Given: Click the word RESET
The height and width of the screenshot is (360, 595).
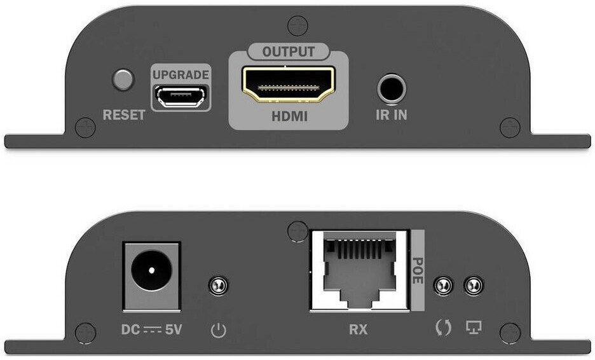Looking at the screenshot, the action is pos(124,114).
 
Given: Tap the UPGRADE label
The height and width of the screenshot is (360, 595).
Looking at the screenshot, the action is pos(181,75).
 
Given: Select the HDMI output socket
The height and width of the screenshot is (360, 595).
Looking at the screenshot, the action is pos(289,85).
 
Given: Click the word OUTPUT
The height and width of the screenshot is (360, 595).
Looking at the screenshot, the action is pos(289,52).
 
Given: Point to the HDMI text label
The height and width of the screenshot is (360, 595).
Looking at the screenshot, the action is pos(289,116).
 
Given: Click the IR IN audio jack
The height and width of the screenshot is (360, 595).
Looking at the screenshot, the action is pos(391,88).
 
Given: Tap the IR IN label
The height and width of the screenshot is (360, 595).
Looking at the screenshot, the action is pos(391,114).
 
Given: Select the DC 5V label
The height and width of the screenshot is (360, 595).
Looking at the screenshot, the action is pos(151,329).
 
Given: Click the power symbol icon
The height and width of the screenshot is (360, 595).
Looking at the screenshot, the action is pos(219,330).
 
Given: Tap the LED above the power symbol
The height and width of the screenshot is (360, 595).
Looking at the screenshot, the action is pos(219,285).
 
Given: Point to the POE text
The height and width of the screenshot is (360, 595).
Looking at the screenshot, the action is pos(418,270).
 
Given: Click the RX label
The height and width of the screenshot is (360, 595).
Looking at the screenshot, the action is pos(359,329).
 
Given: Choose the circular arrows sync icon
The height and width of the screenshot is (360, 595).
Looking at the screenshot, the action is pos(443,328).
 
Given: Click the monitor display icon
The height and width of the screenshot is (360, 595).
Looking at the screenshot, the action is pos(474,327).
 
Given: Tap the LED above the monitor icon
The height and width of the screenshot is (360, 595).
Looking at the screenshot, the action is pos(474,285).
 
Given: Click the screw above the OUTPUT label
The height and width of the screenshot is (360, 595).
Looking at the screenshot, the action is pos(297,26).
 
